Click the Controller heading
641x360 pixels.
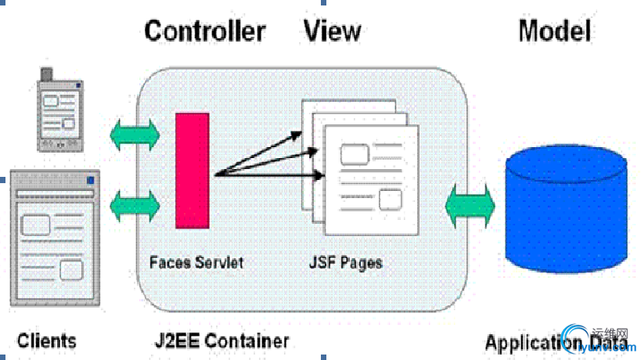tap(205, 31)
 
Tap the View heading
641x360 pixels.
tap(333, 31)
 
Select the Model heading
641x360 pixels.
tap(554, 31)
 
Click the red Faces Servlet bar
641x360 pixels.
tap(192, 170)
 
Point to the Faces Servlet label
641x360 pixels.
tap(196, 262)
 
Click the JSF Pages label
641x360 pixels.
tap(345, 262)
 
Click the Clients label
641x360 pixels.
tap(47, 341)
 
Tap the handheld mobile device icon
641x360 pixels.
tap(60, 110)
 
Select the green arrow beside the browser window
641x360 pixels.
tap(135, 205)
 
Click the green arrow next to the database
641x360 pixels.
tap(470, 205)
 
